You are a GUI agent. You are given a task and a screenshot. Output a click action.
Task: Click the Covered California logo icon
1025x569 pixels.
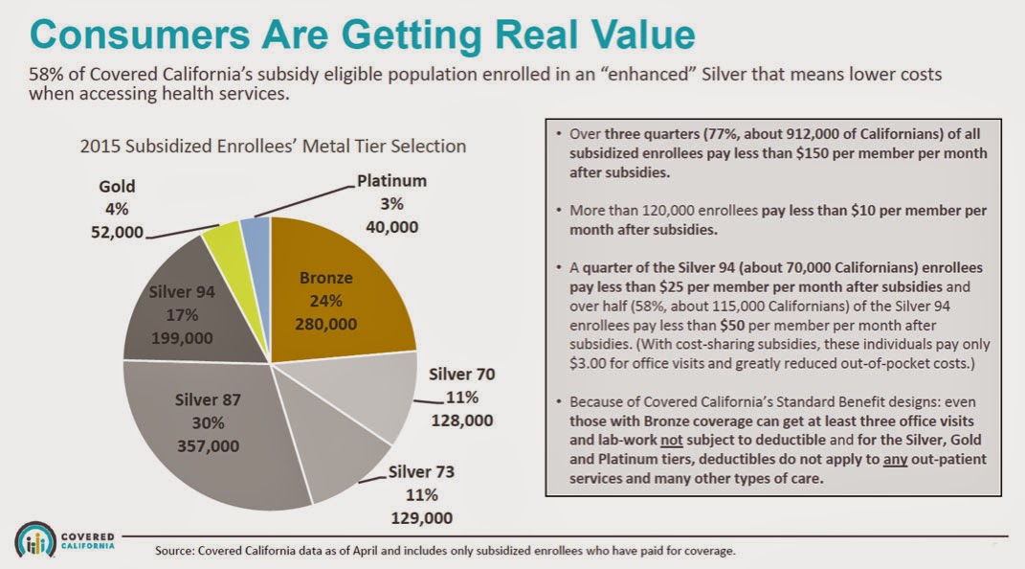pos(36,539)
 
